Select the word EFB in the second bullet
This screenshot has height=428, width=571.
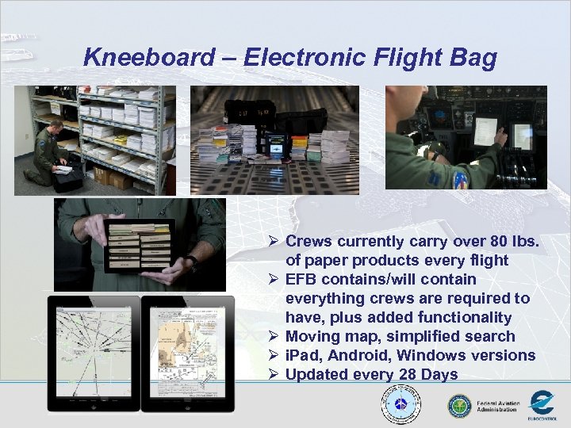tap(302, 279)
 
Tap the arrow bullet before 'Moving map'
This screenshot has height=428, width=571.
tap(273, 337)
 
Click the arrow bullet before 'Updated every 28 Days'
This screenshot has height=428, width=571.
tap(273, 375)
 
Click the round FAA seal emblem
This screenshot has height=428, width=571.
tap(459, 406)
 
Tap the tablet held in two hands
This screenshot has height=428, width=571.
tap(140, 246)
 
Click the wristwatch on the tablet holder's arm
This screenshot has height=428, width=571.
tap(193, 262)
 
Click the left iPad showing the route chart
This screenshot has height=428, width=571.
tap(93, 353)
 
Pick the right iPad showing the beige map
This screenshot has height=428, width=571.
tap(187, 353)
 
